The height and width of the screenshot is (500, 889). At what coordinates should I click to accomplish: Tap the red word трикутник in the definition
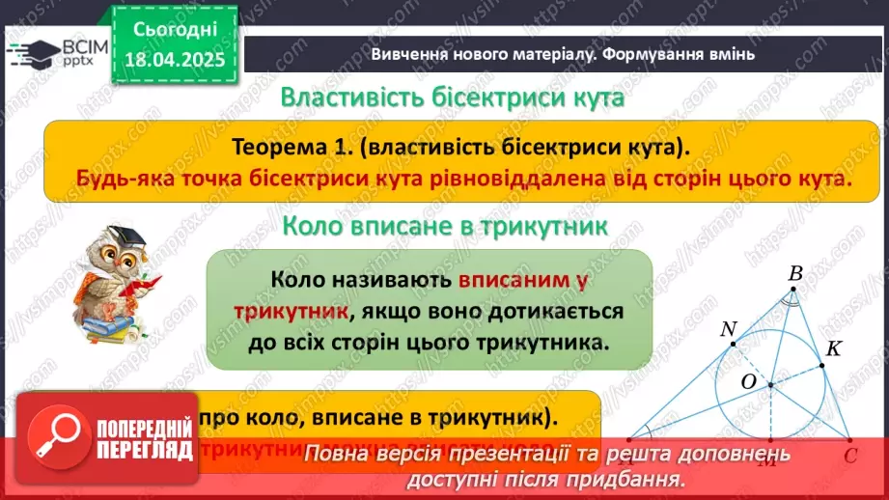pyautogui.click(x=291, y=311)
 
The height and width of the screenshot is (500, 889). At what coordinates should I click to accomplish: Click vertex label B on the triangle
pyautogui.click(x=795, y=275)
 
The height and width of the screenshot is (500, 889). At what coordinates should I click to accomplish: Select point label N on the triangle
pyautogui.click(x=729, y=330)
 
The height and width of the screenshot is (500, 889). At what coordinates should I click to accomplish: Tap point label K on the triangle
pyautogui.click(x=834, y=349)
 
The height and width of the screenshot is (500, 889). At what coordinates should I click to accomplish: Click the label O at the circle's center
pyautogui.click(x=748, y=382)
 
